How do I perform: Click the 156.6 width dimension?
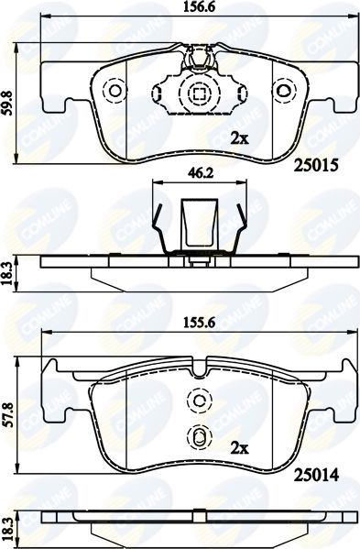199,7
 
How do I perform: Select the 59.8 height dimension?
7,103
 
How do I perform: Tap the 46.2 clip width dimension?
199,173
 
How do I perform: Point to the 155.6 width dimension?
199,323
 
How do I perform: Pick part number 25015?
316,165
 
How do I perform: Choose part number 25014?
316,475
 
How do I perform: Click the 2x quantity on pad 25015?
239,139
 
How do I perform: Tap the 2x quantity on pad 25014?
239,448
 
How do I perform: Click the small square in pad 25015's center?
199,93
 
